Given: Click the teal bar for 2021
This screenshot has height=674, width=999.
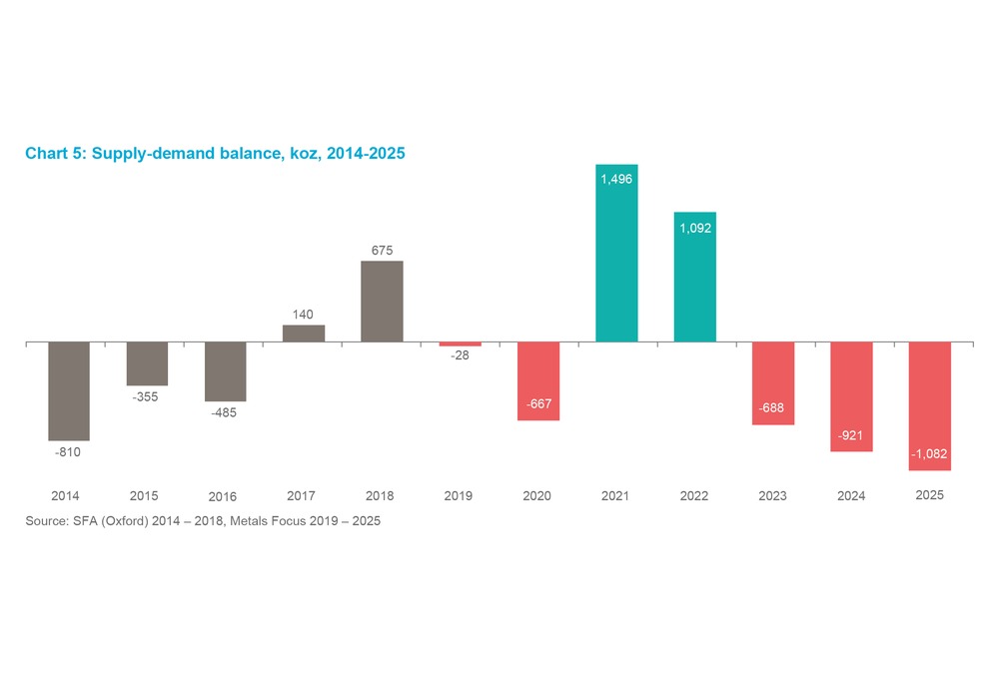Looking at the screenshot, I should (x=616, y=254).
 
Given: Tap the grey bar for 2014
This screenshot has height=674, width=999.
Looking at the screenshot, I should (x=69, y=390).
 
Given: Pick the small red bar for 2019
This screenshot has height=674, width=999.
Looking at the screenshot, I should (x=460, y=343).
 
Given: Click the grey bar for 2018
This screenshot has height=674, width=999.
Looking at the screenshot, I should (x=382, y=302).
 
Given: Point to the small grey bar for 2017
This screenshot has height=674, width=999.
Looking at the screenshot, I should (x=304, y=334).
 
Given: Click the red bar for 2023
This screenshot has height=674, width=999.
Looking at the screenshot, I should (x=773, y=383).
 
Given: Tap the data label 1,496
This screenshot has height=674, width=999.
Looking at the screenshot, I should (x=616, y=179).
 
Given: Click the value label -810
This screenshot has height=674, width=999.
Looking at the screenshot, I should (x=67, y=452).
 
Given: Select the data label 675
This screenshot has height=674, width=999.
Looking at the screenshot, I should (x=382, y=251).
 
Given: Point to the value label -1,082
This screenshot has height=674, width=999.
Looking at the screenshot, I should (x=929, y=454).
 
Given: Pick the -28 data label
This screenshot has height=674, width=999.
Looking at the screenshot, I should (x=460, y=356).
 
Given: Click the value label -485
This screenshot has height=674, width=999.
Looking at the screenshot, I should (x=225, y=412).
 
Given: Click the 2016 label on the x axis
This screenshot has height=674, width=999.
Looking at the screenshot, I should (x=223, y=496).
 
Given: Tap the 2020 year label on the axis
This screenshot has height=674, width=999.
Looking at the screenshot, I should (x=536, y=496).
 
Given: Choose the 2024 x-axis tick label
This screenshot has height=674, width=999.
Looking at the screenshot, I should (x=851, y=496).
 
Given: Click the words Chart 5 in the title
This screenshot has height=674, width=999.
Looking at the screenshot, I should (x=54, y=154).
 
